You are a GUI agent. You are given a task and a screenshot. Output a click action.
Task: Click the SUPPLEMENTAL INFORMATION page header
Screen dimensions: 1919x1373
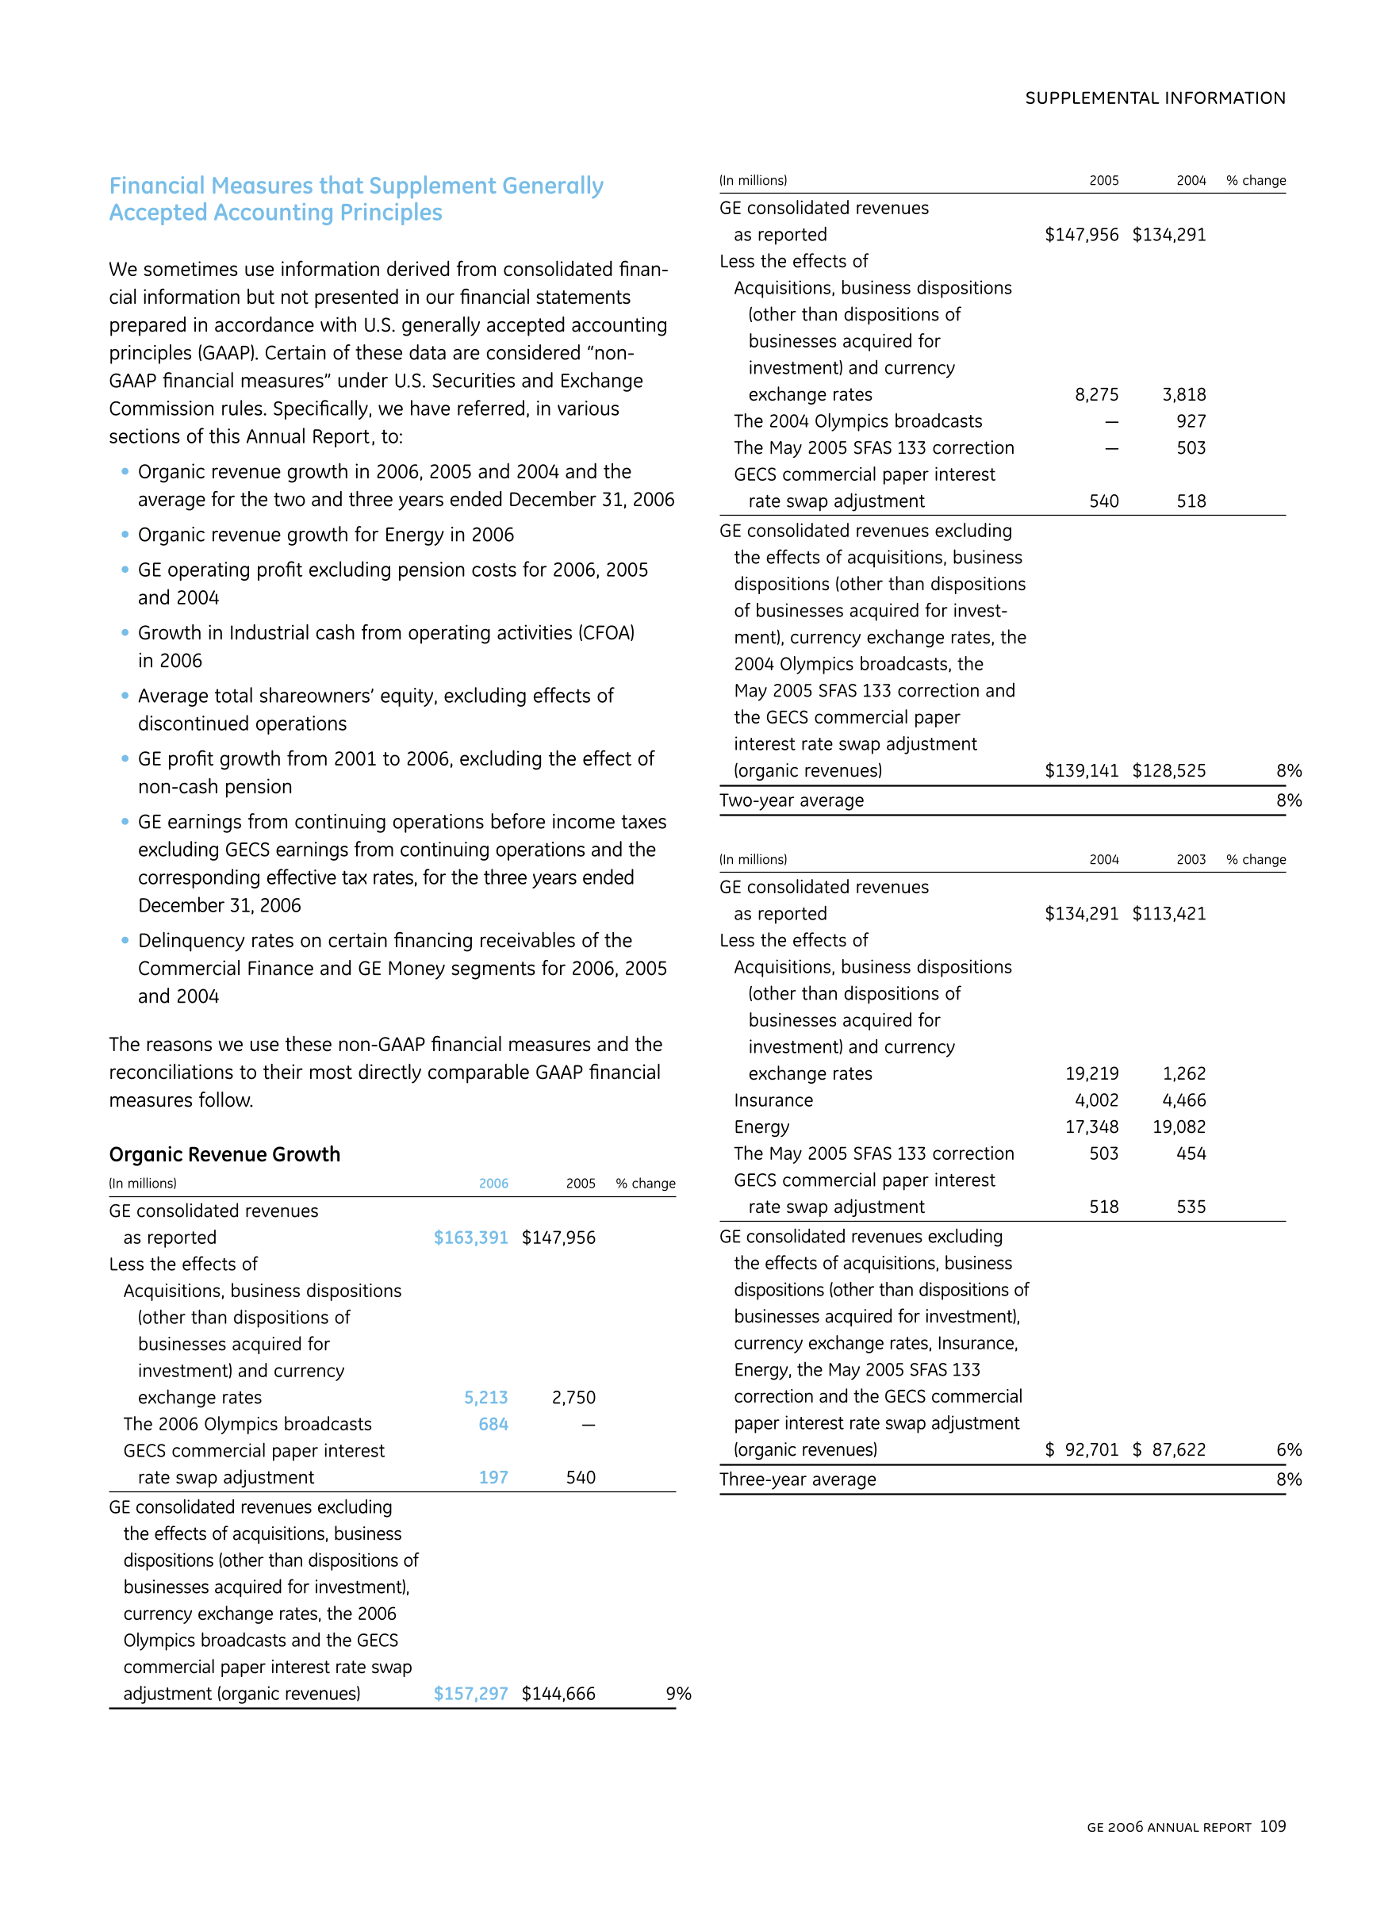click(x=1155, y=98)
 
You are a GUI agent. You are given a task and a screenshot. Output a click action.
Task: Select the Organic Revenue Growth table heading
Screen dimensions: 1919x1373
click(x=225, y=1154)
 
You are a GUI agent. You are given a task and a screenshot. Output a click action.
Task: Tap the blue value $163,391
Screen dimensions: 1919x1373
click(x=471, y=1238)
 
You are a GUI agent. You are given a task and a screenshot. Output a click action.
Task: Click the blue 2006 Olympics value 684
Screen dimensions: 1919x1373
click(x=493, y=1425)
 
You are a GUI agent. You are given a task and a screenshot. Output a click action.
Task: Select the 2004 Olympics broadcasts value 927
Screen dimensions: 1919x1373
click(x=1191, y=421)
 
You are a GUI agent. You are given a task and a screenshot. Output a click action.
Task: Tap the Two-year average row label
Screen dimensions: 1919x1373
click(x=792, y=800)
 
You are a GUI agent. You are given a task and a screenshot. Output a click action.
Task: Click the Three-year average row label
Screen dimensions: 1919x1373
click(x=797, y=1480)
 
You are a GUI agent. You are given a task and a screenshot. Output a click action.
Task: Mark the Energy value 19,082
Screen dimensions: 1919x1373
click(x=1179, y=1126)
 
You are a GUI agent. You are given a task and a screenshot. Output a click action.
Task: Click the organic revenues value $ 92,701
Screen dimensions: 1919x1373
click(x=1082, y=1450)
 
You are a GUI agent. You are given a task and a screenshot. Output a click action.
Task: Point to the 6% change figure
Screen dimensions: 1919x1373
click(x=1288, y=1450)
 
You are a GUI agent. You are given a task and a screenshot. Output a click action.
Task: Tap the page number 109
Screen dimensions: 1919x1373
click(x=1272, y=1827)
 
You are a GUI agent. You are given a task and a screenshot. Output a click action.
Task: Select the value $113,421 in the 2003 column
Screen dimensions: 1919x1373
click(x=1169, y=914)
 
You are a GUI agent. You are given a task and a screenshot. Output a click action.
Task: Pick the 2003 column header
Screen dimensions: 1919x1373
click(x=1191, y=860)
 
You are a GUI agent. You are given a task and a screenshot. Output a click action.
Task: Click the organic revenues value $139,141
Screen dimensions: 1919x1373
click(x=1082, y=771)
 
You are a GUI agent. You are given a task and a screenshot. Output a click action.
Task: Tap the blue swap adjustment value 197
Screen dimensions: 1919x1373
click(x=493, y=1478)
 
